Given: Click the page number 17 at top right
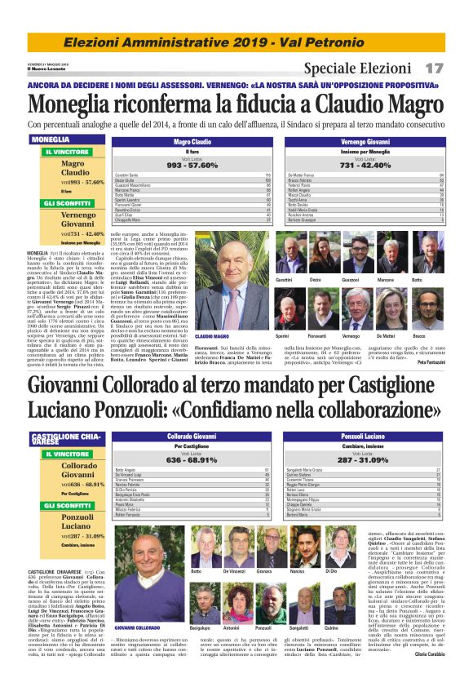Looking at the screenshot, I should pos(434,69).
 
